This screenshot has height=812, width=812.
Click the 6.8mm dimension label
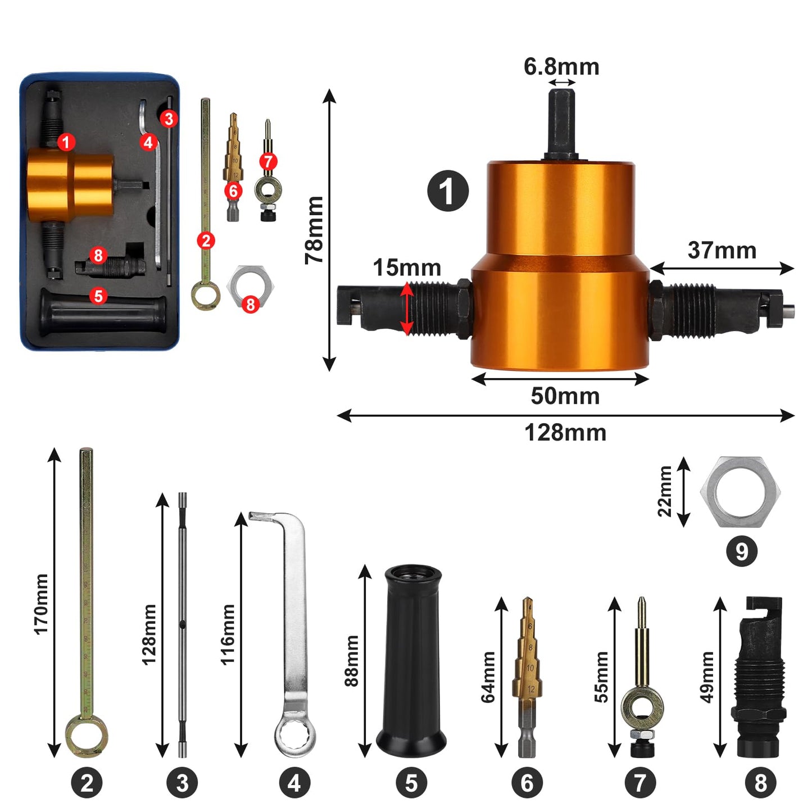tap(561, 67)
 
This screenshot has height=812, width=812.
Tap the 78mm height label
tap(314, 230)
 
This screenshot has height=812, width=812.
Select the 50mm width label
tap(565, 396)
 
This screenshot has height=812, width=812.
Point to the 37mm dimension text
tap(722, 250)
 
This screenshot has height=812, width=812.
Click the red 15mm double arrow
tap(406, 309)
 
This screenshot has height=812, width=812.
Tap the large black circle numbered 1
tap(448, 191)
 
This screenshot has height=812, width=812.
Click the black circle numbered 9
tap(741, 550)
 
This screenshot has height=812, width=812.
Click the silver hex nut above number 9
tap(740, 492)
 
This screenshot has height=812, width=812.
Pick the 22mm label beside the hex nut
tap(665, 491)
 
